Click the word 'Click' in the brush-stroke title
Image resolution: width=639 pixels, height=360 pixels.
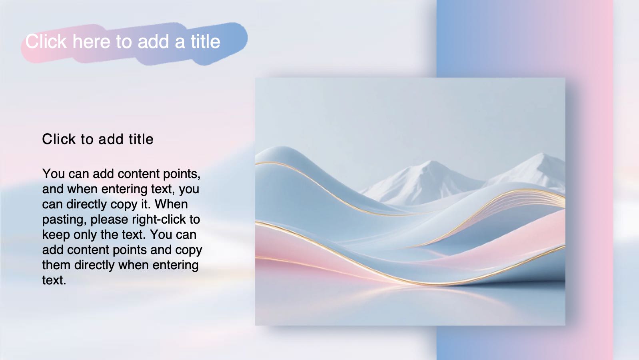tap(46, 42)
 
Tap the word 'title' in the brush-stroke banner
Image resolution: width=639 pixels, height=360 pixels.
tap(205, 42)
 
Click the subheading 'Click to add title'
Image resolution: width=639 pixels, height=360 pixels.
tap(98, 139)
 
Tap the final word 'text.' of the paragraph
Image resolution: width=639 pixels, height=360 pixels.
tap(54, 280)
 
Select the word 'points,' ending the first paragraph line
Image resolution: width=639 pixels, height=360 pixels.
tap(181, 174)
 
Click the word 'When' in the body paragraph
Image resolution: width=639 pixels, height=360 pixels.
tap(171, 204)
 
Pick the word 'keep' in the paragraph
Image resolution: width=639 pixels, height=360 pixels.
tap(56, 235)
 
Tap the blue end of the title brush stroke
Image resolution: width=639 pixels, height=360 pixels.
tap(234, 38)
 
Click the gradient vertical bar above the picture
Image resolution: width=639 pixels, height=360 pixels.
tap(524, 38)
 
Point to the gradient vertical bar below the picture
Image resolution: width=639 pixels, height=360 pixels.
tap(524, 343)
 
